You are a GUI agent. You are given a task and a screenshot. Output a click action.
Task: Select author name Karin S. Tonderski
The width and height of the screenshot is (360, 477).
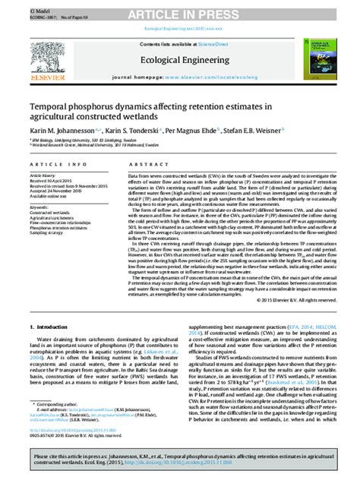coord(133,131)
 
